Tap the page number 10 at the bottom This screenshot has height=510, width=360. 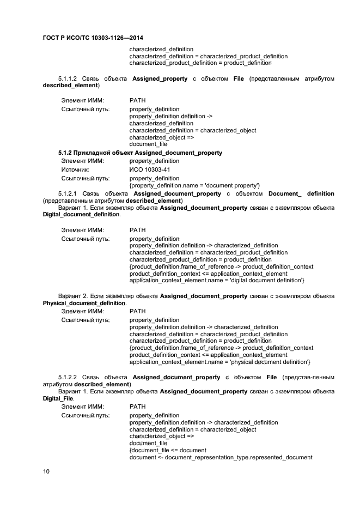click(46, 471)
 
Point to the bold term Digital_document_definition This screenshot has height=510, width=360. click(81, 215)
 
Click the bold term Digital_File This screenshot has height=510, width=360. click(58, 398)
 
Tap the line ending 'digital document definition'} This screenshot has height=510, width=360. click(217, 280)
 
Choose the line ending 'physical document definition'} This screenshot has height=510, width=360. click(219, 362)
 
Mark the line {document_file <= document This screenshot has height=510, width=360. click(168, 450)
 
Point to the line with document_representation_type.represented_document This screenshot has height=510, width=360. click(221, 457)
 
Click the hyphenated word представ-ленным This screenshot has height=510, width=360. click(308, 377)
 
